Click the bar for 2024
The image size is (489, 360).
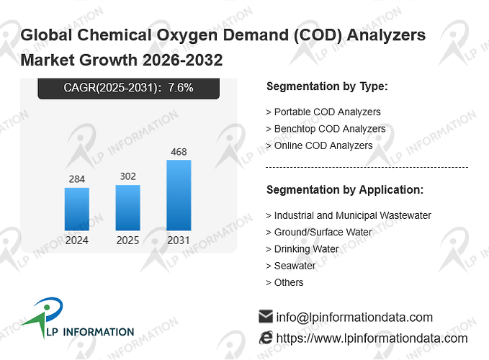click(77, 209)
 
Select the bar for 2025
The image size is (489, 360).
click(128, 208)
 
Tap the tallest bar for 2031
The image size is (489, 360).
click(179, 195)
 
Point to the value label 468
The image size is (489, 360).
click(179, 152)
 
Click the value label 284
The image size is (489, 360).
click(77, 179)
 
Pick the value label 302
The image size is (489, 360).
click(128, 176)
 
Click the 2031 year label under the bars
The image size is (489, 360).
click(179, 240)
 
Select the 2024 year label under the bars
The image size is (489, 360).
click(77, 240)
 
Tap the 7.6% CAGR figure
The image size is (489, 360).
click(181, 88)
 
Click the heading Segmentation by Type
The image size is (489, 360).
click(327, 86)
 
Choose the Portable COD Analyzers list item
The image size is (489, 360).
click(323, 112)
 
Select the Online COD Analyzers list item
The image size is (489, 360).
click(319, 145)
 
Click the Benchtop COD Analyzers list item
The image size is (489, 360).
click(326, 129)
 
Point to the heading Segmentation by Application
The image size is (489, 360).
click(345, 190)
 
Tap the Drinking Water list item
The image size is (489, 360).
click(302, 249)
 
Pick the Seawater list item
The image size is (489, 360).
click(291, 266)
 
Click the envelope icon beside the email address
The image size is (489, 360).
click(266, 316)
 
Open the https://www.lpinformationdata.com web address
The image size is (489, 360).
click(372, 338)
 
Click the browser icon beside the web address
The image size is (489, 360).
click(266, 338)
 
